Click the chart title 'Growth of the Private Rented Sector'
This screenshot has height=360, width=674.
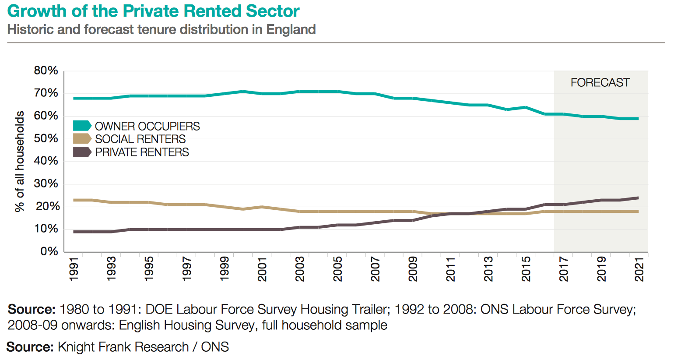click(x=153, y=11)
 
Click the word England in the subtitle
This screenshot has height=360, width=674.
click(x=291, y=30)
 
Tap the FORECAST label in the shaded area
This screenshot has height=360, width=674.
click(x=600, y=83)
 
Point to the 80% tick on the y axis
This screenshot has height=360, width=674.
click(x=46, y=71)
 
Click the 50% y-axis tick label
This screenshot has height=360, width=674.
click(x=46, y=138)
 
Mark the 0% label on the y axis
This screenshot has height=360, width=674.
click(x=49, y=251)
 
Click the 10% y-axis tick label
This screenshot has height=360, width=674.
click(x=46, y=229)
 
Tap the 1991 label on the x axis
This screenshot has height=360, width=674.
click(x=74, y=269)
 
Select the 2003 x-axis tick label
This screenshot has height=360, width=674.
click(x=300, y=269)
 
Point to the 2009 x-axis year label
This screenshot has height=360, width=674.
click(x=413, y=269)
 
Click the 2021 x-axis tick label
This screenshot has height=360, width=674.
click(x=639, y=269)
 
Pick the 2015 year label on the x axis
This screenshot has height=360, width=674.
click(x=526, y=269)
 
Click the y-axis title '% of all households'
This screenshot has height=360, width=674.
click(x=20, y=161)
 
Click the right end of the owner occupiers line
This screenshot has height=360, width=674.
click(x=638, y=118)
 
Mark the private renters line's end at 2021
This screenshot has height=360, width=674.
click(x=638, y=198)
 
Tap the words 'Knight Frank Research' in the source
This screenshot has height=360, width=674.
click(x=123, y=347)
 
